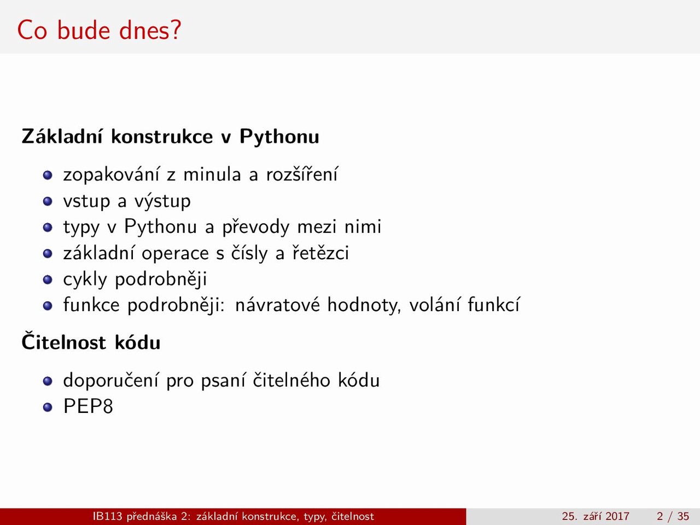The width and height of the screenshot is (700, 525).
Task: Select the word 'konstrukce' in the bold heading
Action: coord(162,137)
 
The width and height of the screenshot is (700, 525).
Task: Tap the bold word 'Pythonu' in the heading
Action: coord(279,138)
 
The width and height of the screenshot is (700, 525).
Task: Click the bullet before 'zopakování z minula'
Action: coord(48,176)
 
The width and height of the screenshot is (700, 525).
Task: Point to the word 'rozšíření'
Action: coord(302,174)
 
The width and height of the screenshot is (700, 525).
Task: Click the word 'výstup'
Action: coord(162,201)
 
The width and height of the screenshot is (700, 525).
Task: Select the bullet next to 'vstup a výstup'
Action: coord(48,201)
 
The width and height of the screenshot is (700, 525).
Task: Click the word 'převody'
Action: coord(256,227)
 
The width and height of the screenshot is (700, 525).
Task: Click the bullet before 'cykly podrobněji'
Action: coord(48,279)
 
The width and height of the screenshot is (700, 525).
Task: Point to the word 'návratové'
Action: coord(277,305)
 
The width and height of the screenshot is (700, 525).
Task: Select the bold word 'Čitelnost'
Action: coord(63,341)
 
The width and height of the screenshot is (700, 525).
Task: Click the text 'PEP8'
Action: coord(88,406)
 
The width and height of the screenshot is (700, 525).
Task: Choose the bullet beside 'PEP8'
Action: coord(48,407)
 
